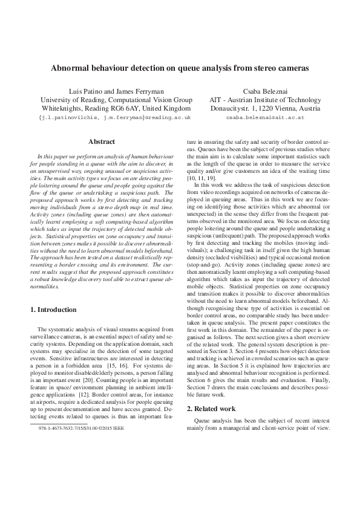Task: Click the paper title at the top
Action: (x=180, y=69)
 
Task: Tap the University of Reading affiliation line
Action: (x=116, y=100)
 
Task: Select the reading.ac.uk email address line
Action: (x=116, y=118)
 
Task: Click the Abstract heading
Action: (x=102, y=141)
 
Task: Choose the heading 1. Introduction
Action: (x=53, y=310)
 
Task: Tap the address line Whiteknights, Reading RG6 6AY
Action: (x=116, y=109)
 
